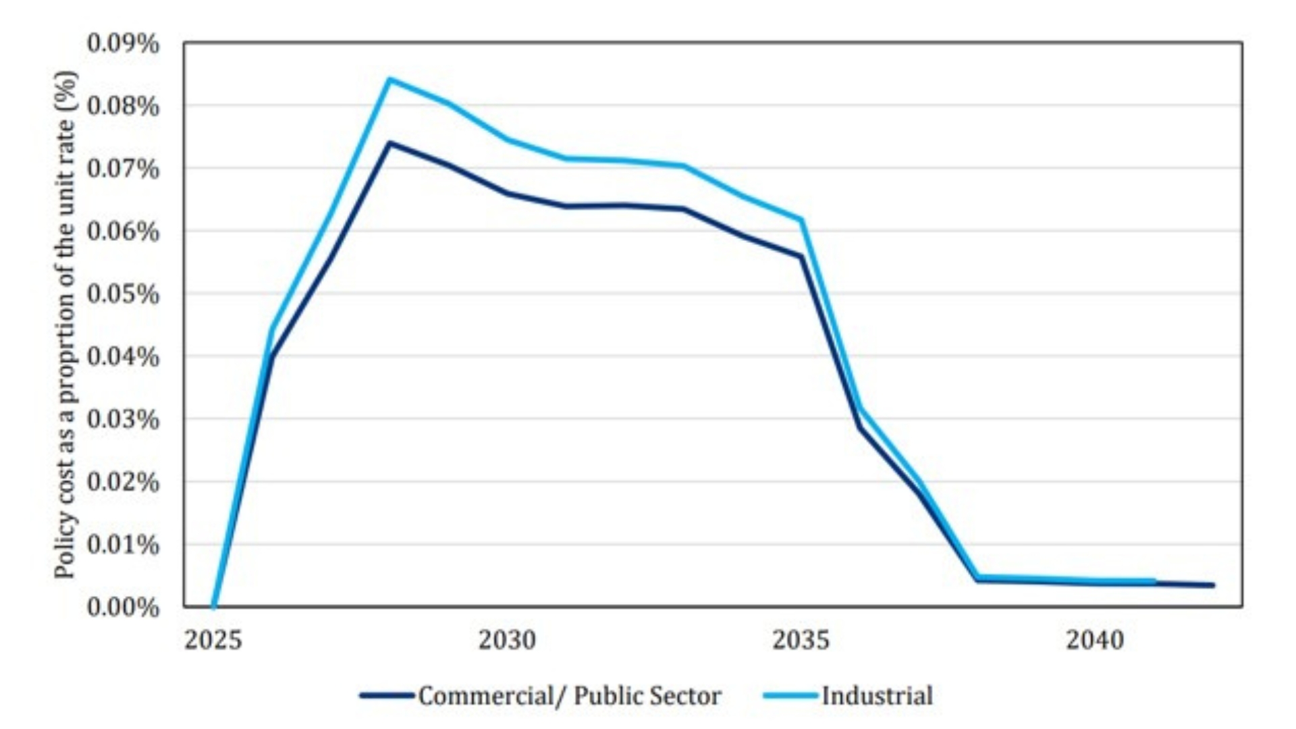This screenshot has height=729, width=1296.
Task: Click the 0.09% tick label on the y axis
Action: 123,44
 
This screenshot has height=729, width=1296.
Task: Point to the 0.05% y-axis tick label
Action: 123,294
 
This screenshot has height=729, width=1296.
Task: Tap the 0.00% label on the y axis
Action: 123,607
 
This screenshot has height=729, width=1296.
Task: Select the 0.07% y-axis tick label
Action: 123,169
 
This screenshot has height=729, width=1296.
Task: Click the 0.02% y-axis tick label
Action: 123,483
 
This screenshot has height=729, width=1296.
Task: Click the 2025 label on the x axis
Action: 213,640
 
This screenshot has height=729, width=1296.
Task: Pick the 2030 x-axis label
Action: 507,640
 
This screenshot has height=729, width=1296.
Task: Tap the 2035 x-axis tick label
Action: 801,640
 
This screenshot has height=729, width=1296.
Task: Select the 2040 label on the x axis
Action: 1095,640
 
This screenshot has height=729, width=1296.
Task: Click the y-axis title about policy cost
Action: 65,324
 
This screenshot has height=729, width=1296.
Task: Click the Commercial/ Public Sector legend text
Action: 569,696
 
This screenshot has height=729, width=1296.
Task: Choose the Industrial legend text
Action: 877,696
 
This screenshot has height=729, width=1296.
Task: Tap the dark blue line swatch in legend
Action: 387,696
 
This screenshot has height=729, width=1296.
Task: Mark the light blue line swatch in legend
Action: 790,696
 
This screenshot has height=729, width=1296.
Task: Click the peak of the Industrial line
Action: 389,80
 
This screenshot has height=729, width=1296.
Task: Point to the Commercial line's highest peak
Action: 389,143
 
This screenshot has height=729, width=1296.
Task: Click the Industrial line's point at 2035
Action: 801,220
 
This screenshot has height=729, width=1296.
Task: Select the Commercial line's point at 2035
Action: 801,257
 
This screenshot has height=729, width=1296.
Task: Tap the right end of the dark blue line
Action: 1213,585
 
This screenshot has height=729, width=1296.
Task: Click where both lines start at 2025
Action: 213,606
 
